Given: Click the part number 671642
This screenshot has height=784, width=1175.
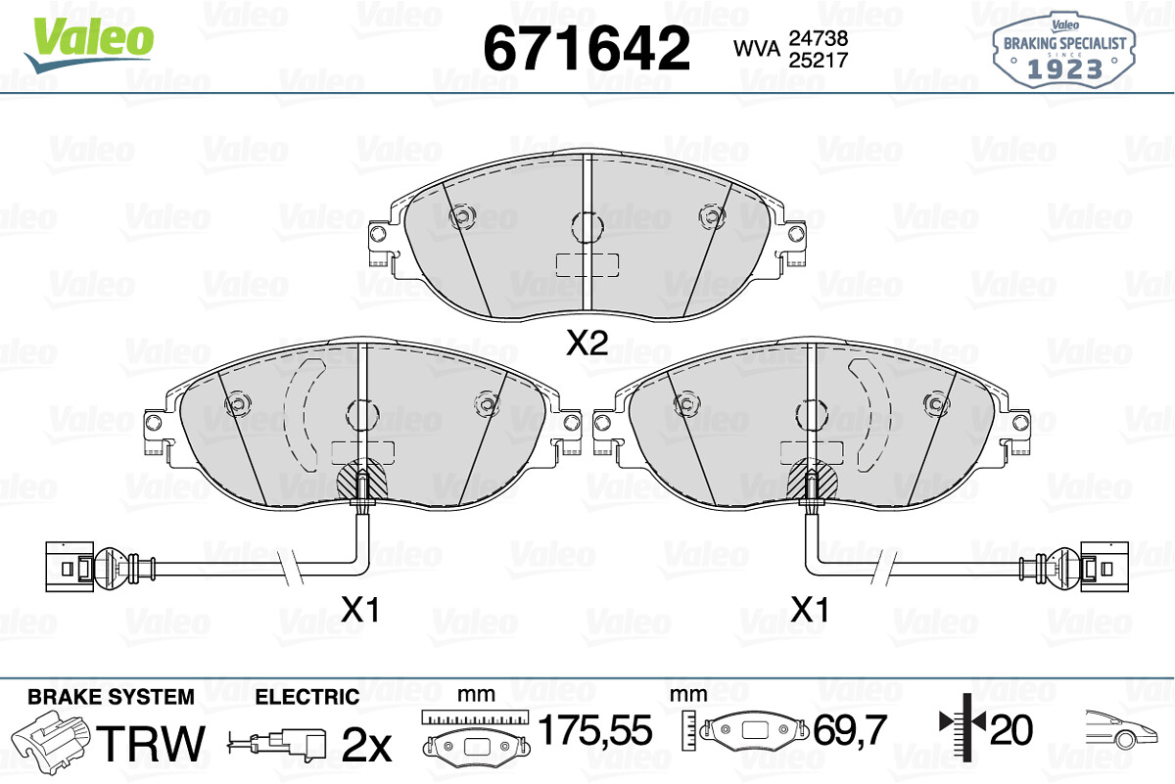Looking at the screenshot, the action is (587, 48).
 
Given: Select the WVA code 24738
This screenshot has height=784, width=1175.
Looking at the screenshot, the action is (819, 38).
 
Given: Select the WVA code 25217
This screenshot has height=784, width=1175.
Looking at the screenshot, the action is (819, 61).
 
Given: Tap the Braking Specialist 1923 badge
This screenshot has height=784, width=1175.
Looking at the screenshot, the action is (1063, 50).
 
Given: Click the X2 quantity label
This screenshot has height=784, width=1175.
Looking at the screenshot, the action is (587, 343).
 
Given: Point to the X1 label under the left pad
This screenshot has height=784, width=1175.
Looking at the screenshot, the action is (360, 610).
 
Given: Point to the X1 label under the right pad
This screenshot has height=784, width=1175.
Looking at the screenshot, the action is (810, 610).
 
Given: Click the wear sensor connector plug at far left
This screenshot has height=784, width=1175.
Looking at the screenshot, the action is (70, 567).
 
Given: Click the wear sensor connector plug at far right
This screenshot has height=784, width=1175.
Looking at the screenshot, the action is (1104, 567).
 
